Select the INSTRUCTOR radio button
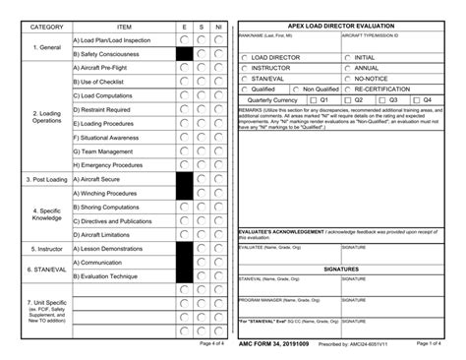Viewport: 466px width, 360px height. pos(245,69)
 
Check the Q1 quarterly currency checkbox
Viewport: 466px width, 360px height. pos(313,99)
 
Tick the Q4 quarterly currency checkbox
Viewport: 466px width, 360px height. pos(415,99)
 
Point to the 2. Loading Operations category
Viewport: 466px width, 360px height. pos(46,116)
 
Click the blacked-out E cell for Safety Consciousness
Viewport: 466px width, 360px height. pos(184,53)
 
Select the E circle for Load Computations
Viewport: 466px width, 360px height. pos(184,95)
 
